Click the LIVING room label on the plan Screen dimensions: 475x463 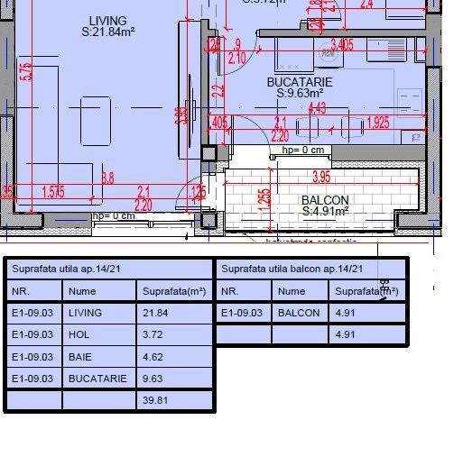click(108, 21)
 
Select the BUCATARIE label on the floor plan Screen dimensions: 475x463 click(300, 82)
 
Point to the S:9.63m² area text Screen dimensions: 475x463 click(300, 93)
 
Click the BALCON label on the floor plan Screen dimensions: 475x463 click(325, 200)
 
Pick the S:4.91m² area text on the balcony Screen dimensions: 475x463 click(325, 212)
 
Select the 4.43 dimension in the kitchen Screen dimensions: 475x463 click(317, 108)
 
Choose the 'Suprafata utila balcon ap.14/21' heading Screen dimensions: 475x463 click(292, 269)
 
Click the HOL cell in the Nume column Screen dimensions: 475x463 click(79, 334)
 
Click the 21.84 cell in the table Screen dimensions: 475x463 click(155, 313)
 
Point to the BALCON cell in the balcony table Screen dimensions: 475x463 click(299, 313)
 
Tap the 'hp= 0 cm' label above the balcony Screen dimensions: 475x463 click(302, 151)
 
